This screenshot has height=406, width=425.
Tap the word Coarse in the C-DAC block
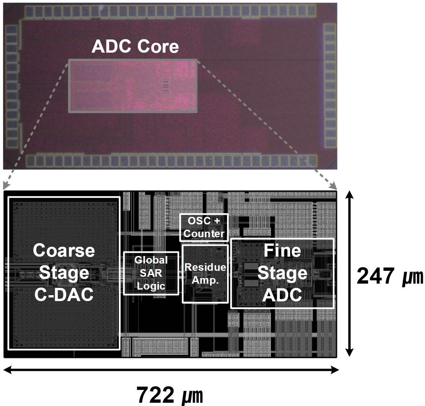[x=64, y=251]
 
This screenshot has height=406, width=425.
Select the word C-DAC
[x=64, y=294]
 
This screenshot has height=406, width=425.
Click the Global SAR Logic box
[x=151, y=273]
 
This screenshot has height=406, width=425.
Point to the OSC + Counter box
[x=204, y=227]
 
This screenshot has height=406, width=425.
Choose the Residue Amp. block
[x=205, y=273]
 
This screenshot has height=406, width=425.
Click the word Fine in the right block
[x=282, y=251]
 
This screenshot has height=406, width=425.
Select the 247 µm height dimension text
[x=390, y=276]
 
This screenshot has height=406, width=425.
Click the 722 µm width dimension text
[x=170, y=395]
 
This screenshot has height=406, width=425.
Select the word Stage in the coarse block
[x=64, y=273]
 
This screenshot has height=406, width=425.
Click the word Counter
[x=204, y=234]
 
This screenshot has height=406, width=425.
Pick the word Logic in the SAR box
[x=151, y=286]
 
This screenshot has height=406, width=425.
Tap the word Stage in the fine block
[x=282, y=273]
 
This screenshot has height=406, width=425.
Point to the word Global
[x=151, y=260]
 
